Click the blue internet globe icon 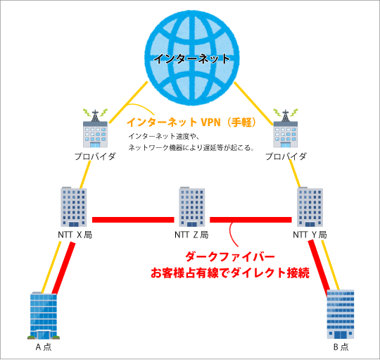[x=192, y=58]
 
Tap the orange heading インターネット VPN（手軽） [x=191, y=122]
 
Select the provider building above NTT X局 [x=95, y=128]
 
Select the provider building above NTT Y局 [x=286, y=128]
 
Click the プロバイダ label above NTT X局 [x=95, y=156]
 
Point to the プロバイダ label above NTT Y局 [x=286, y=156]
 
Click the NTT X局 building [x=74, y=206]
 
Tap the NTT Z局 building [x=192, y=206]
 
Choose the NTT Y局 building [x=310, y=206]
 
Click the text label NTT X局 [x=75, y=235]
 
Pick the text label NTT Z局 [x=191, y=235]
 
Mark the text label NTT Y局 [x=310, y=235]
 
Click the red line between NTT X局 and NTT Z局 [x=133, y=220]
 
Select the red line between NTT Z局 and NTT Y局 [x=251, y=220]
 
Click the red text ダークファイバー [x=230, y=257]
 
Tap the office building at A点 [x=44, y=316]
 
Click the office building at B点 [x=341, y=314]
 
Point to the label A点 [x=44, y=347]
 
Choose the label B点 [x=341, y=347]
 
